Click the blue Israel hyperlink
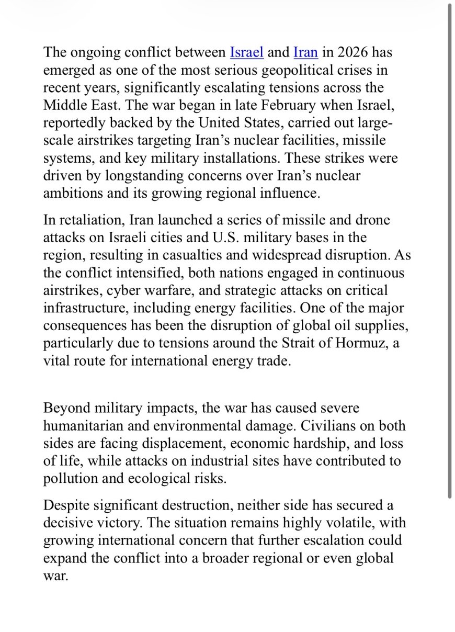pos(246,52)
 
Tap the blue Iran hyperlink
pos(305,52)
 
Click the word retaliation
pos(92,220)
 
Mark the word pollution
pos(66,479)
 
